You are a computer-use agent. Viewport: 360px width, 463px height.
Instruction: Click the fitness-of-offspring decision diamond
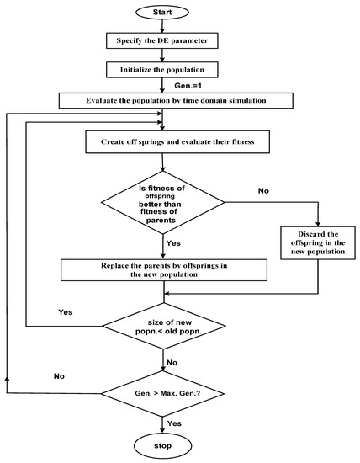coord(165,202)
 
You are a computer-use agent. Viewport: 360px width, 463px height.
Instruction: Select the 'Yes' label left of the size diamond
coord(66,312)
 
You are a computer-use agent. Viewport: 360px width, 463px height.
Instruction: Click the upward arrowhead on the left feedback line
coord(7,380)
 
